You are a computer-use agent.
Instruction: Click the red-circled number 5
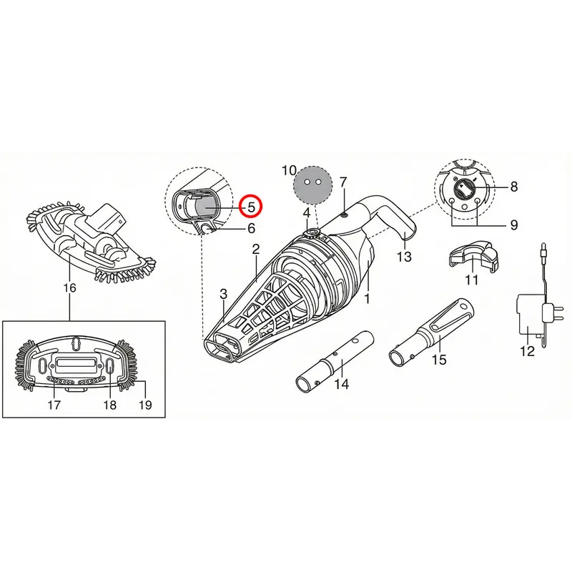click(x=251, y=207)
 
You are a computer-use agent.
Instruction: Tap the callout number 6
click(x=251, y=228)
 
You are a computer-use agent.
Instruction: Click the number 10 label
click(x=289, y=170)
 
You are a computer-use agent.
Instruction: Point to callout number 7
click(x=343, y=182)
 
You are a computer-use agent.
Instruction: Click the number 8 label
click(x=513, y=187)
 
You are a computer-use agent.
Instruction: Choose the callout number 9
click(x=513, y=225)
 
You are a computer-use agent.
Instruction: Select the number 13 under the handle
click(x=404, y=257)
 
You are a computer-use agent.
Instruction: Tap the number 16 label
click(x=69, y=288)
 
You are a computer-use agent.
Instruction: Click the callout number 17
click(x=54, y=405)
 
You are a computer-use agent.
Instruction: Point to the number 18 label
click(x=110, y=405)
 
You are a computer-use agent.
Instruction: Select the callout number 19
click(x=145, y=405)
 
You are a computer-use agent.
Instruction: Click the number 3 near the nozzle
click(x=223, y=294)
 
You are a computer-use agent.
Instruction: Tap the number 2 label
click(x=256, y=249)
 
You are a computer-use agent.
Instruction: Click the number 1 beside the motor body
click(x=367, y=298)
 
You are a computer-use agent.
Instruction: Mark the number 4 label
click(x=307, y=213)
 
